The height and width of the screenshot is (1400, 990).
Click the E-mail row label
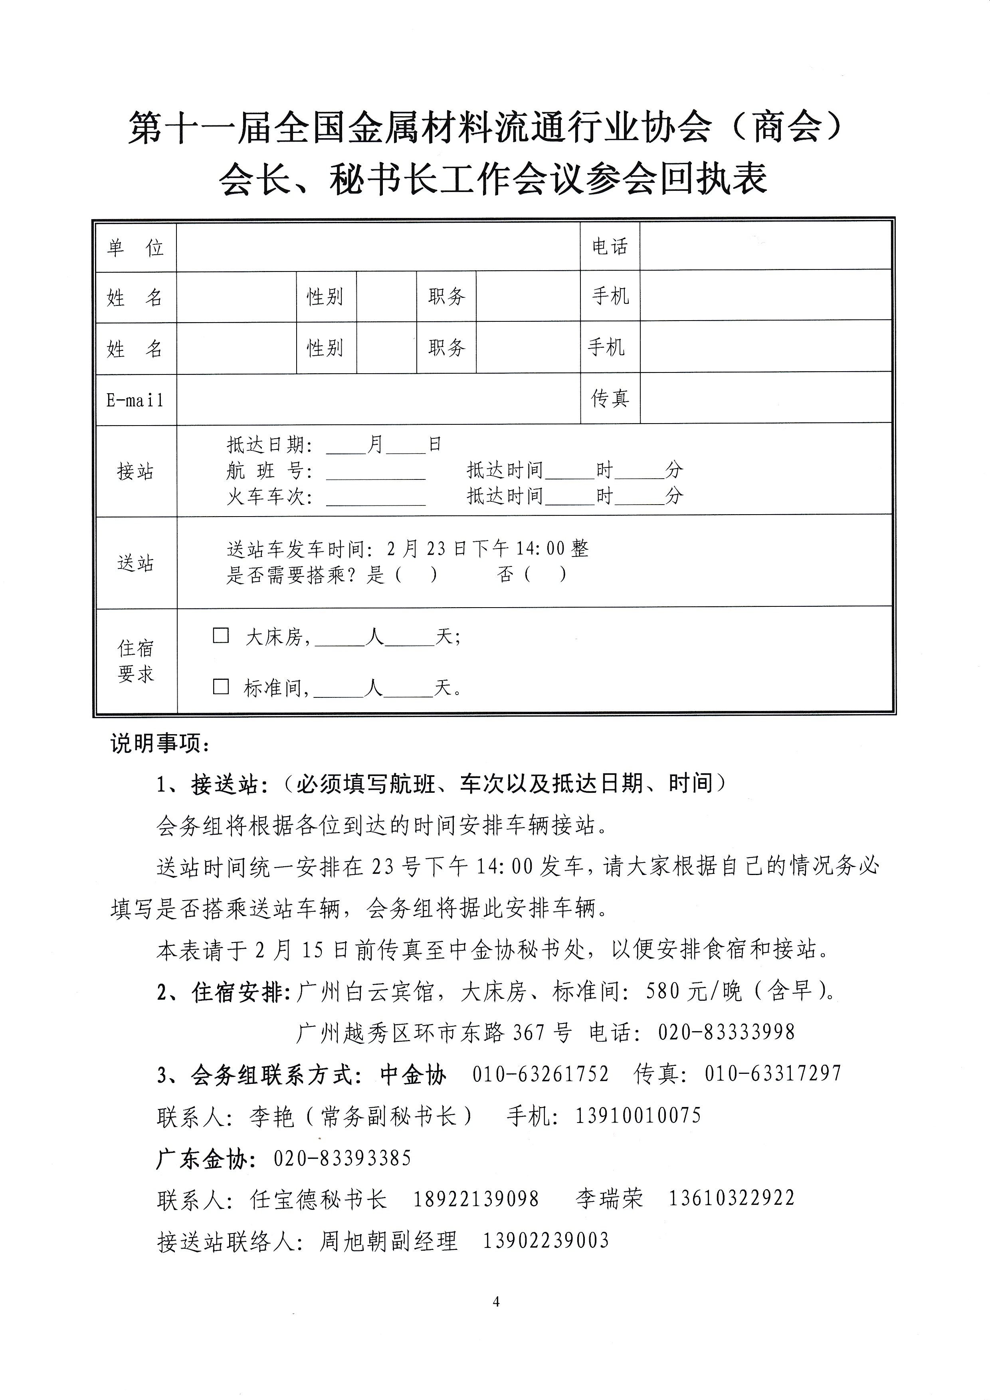click(x=135, y=400)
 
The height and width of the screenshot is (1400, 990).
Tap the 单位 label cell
click(x=135, y=248)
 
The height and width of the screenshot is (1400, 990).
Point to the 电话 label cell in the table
click(x=610, y=246)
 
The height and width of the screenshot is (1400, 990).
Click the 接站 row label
click(x=135, y=471)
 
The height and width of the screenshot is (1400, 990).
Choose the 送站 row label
click(x=135, y=563)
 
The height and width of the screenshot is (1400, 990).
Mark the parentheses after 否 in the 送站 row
click(x=546, y=575)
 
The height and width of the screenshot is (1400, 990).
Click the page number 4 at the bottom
click(x=496, y=1302)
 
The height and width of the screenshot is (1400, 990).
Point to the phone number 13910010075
click(x=638, y=1116)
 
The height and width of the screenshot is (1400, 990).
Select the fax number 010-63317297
click(x=772, y=1073)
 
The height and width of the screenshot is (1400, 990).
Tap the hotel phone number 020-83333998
click(x=726, y=1032)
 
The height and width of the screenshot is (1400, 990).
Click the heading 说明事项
click(x=160, y=744)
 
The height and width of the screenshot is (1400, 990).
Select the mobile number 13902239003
click(x=546, y=1240)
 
